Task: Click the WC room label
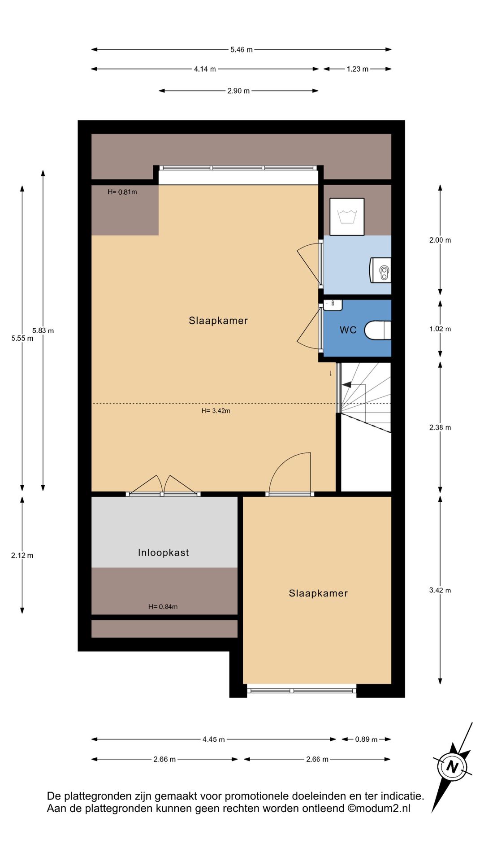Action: click(x=348, y=330)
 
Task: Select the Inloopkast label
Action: click(x=164, y=552)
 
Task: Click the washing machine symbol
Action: click(x=347, y=217)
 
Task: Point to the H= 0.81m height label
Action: click(x=122, y=192)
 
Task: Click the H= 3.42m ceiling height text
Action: click(x=216, y=411)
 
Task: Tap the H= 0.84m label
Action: click(x=163, y=607)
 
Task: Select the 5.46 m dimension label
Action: click(x=242, y=49)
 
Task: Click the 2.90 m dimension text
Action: click(x=238, y=91)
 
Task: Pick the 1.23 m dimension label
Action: click(x=358, y=69)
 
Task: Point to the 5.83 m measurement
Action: click(x=43, y=330)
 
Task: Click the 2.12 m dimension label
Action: click(x=22, y=556)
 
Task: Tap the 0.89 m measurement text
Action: click(x=367, y=739)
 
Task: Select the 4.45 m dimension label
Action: click(x=214, y=739)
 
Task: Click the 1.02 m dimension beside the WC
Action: click(x=440, y=329)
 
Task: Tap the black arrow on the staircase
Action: click(x=346, y=384)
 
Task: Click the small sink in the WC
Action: click(x=333, y=305)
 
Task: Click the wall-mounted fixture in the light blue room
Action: click(x=380, y=270)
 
